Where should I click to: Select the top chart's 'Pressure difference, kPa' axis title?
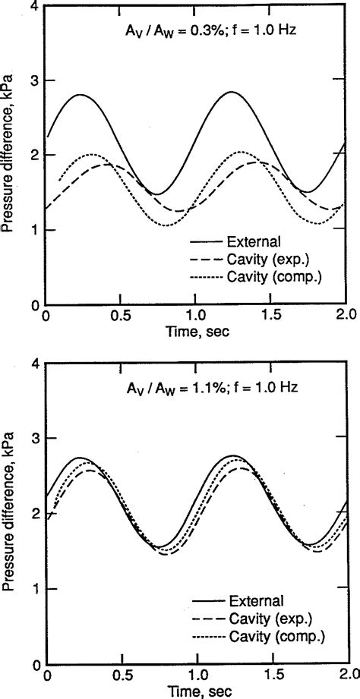coord(10,156)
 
